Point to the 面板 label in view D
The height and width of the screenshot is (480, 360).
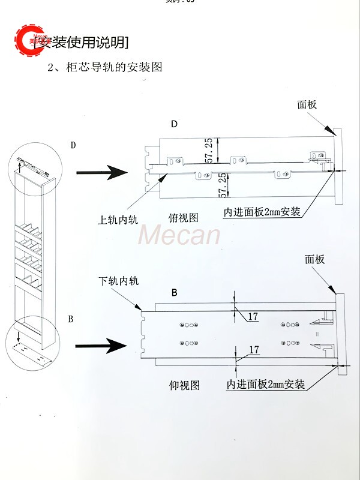click(307, 104)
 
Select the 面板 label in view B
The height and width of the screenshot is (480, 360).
click(314, 259)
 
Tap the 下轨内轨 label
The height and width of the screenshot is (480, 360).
click(119, 280)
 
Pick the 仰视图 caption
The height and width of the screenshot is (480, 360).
click(184, 385)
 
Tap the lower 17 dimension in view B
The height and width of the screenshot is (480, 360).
click(253, 349)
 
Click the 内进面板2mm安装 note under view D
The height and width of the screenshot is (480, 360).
click(262, 212)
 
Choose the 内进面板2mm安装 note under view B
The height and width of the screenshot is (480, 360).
click(265, 384)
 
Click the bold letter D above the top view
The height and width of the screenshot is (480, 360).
click(174, 124)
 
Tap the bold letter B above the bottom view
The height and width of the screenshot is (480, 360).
click(174, 293)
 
